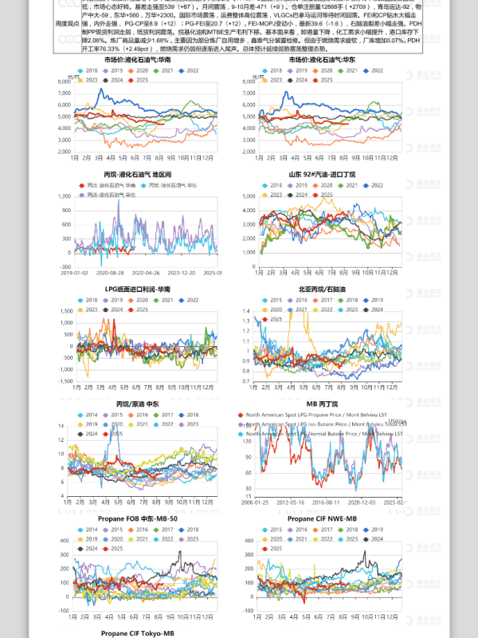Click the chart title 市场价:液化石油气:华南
coord(137,60)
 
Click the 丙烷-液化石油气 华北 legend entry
coord(101,194)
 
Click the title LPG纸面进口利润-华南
coord(137,289)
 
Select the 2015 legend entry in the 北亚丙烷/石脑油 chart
coord(271,299)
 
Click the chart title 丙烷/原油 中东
coord(137,404)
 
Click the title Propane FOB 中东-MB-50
coord(137,518)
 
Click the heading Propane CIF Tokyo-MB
coord(137,632)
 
